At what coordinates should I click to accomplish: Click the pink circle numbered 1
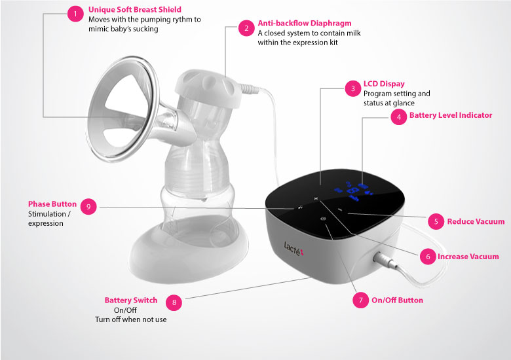(x=75, y=14)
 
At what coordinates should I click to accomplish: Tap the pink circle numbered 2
(x=246, y=28)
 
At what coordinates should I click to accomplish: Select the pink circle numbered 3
(x=353, y=88)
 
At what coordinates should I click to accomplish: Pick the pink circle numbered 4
(x=399, y=117)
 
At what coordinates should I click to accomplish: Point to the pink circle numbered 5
(x=436, y=222)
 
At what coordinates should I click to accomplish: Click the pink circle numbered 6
(x=428, y=257)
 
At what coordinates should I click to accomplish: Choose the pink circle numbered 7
(x=361, y=300)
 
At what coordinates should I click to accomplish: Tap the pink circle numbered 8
(x=174, y=302)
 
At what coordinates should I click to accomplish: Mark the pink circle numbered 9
(x=88, y=207)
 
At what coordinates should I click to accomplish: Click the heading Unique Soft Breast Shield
(x=135, y=10)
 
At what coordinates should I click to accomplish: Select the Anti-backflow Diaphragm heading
(x=305, y=24)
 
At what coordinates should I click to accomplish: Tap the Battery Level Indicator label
(x=451, y=115)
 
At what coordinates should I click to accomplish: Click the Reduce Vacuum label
(x=476, y=222)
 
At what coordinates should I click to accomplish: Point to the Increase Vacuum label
(x=468, y=257)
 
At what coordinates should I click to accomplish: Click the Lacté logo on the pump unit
(x=293, y=248)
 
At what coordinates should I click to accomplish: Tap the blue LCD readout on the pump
(x=354, y=192)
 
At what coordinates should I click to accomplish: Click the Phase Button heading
(x=52, y=204)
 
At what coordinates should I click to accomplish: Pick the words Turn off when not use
(x=130, y=319)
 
